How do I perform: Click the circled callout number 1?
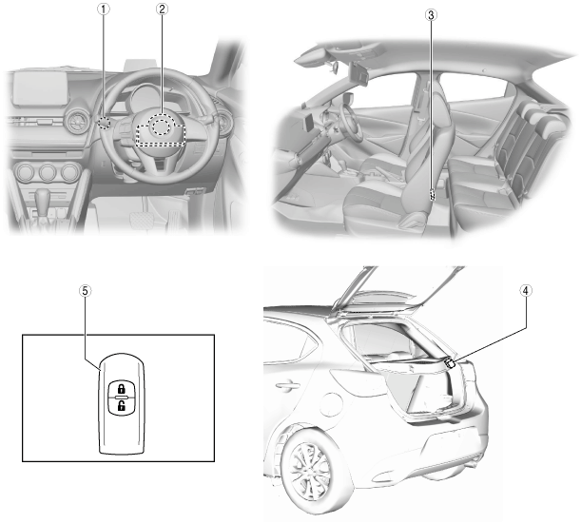click(104, 10)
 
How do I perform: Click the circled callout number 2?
click(162, 10)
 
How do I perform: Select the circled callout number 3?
click(431, 15)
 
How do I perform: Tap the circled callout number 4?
click(525, 291)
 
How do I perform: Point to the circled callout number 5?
click(86, 291)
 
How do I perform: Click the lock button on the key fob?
click(121, 389)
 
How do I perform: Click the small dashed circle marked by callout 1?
click(105, 122)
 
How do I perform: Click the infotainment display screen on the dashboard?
click(41, 87)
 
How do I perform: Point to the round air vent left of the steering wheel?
click(77, 120)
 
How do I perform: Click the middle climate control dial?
click(48, 173)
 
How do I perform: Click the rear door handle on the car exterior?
click(287, 385)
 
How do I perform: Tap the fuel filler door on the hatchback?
click(331, 405)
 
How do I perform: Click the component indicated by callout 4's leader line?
click(450, 362)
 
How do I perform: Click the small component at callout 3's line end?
click(432, 195)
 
